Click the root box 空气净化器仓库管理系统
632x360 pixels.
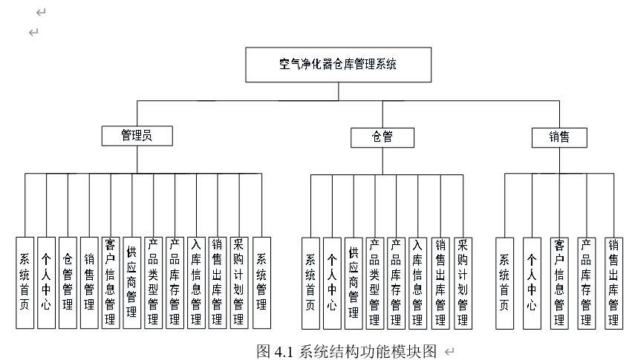point(338,65)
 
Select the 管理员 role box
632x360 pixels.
point(137,136)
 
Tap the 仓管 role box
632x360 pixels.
point(382,137)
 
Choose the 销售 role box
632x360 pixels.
point(559,137)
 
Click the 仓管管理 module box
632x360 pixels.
point(68,282)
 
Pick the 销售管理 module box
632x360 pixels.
point(89,282)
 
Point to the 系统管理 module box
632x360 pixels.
point(261,282)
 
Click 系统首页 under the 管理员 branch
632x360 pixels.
point(25,282)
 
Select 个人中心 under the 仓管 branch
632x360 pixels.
point(332,282)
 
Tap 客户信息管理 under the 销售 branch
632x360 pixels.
point(559,282)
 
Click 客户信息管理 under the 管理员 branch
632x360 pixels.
point(111,282)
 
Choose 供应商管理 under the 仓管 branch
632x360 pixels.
point(354,282)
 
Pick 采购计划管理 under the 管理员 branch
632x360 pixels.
point(239,282)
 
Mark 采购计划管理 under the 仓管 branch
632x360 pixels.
point(462,282)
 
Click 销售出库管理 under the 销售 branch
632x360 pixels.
point(613,282)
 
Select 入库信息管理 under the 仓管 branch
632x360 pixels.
point(418,282)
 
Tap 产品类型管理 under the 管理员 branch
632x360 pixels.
point(154,282)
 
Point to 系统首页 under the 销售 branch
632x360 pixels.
point(505,282)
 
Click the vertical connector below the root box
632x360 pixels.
point(339,91)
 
